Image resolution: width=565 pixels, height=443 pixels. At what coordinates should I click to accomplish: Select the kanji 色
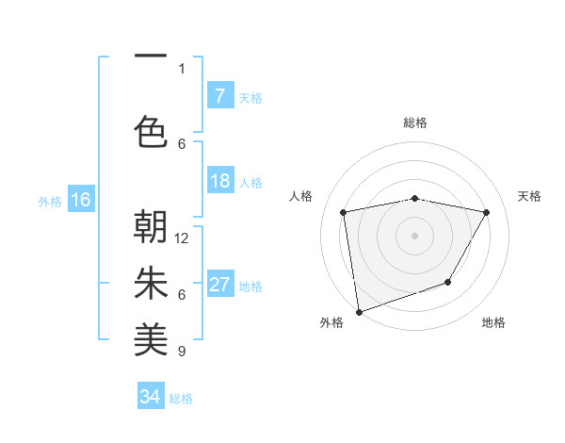click(x=151, y=132)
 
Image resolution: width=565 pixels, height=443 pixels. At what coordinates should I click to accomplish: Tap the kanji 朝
click(x=151, y=226)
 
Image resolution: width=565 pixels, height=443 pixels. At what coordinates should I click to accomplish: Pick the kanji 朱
click(x=151, y=284)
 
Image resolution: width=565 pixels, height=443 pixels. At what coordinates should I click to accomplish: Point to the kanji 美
click(x=151, y=340)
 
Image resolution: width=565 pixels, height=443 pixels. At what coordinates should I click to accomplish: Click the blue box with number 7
click(x=219, y=96)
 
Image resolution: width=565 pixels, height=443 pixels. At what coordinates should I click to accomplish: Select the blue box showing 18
click(x=219, y=181)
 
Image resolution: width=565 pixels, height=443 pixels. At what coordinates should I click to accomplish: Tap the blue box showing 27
click(x=219, y=285)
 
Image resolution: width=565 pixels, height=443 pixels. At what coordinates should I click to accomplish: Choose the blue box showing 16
click(x=80, y=200)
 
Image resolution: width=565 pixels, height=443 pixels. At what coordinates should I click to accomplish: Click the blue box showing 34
click(x=150, y=397)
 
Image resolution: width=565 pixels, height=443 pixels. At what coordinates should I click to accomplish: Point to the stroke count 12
click(x=183, y=238)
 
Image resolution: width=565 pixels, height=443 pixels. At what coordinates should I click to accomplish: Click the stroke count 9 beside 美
click(x=182, y=352)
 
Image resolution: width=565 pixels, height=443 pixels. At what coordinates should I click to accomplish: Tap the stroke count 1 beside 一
click(x=182, y=68)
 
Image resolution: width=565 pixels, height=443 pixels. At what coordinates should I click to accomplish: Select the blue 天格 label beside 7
click(x=250, y=97)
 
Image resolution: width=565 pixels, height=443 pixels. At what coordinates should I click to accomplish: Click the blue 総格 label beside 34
click(x=181, y=399)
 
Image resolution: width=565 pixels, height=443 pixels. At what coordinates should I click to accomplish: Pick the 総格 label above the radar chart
click(x=414, y=123)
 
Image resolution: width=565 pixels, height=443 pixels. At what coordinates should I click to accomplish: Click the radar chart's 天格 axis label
click(x=530, y=196)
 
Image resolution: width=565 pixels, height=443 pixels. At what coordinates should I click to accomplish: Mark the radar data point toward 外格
click(x=359, y=311)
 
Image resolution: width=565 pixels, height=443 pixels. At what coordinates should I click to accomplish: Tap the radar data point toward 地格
click(x=448, y=282)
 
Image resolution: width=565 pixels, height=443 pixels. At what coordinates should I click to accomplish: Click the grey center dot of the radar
click(x=414, y=235)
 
